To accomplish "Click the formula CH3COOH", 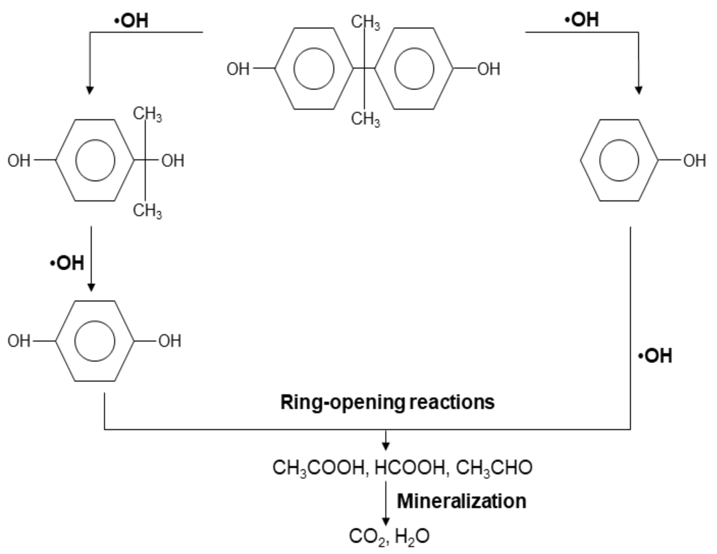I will click(x=318, y=467).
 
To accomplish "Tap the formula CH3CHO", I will click(x=494, y=467).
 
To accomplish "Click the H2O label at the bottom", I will click(x=412, y=537).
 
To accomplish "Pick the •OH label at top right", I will click(x=581, y=20).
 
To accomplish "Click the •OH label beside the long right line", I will click(x=655, y=356).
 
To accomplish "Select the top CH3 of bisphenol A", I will click(x=365, y=23).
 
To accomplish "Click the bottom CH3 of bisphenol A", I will click(x=365, y=119).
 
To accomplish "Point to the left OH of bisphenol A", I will click(x=238, y=69).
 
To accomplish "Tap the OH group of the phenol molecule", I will click(x=694, y=161).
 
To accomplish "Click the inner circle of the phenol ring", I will click(x=619, y=160).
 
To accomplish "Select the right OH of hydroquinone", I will click(x=170, y=341).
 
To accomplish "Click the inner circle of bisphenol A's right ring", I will click(x=414, y=69).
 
